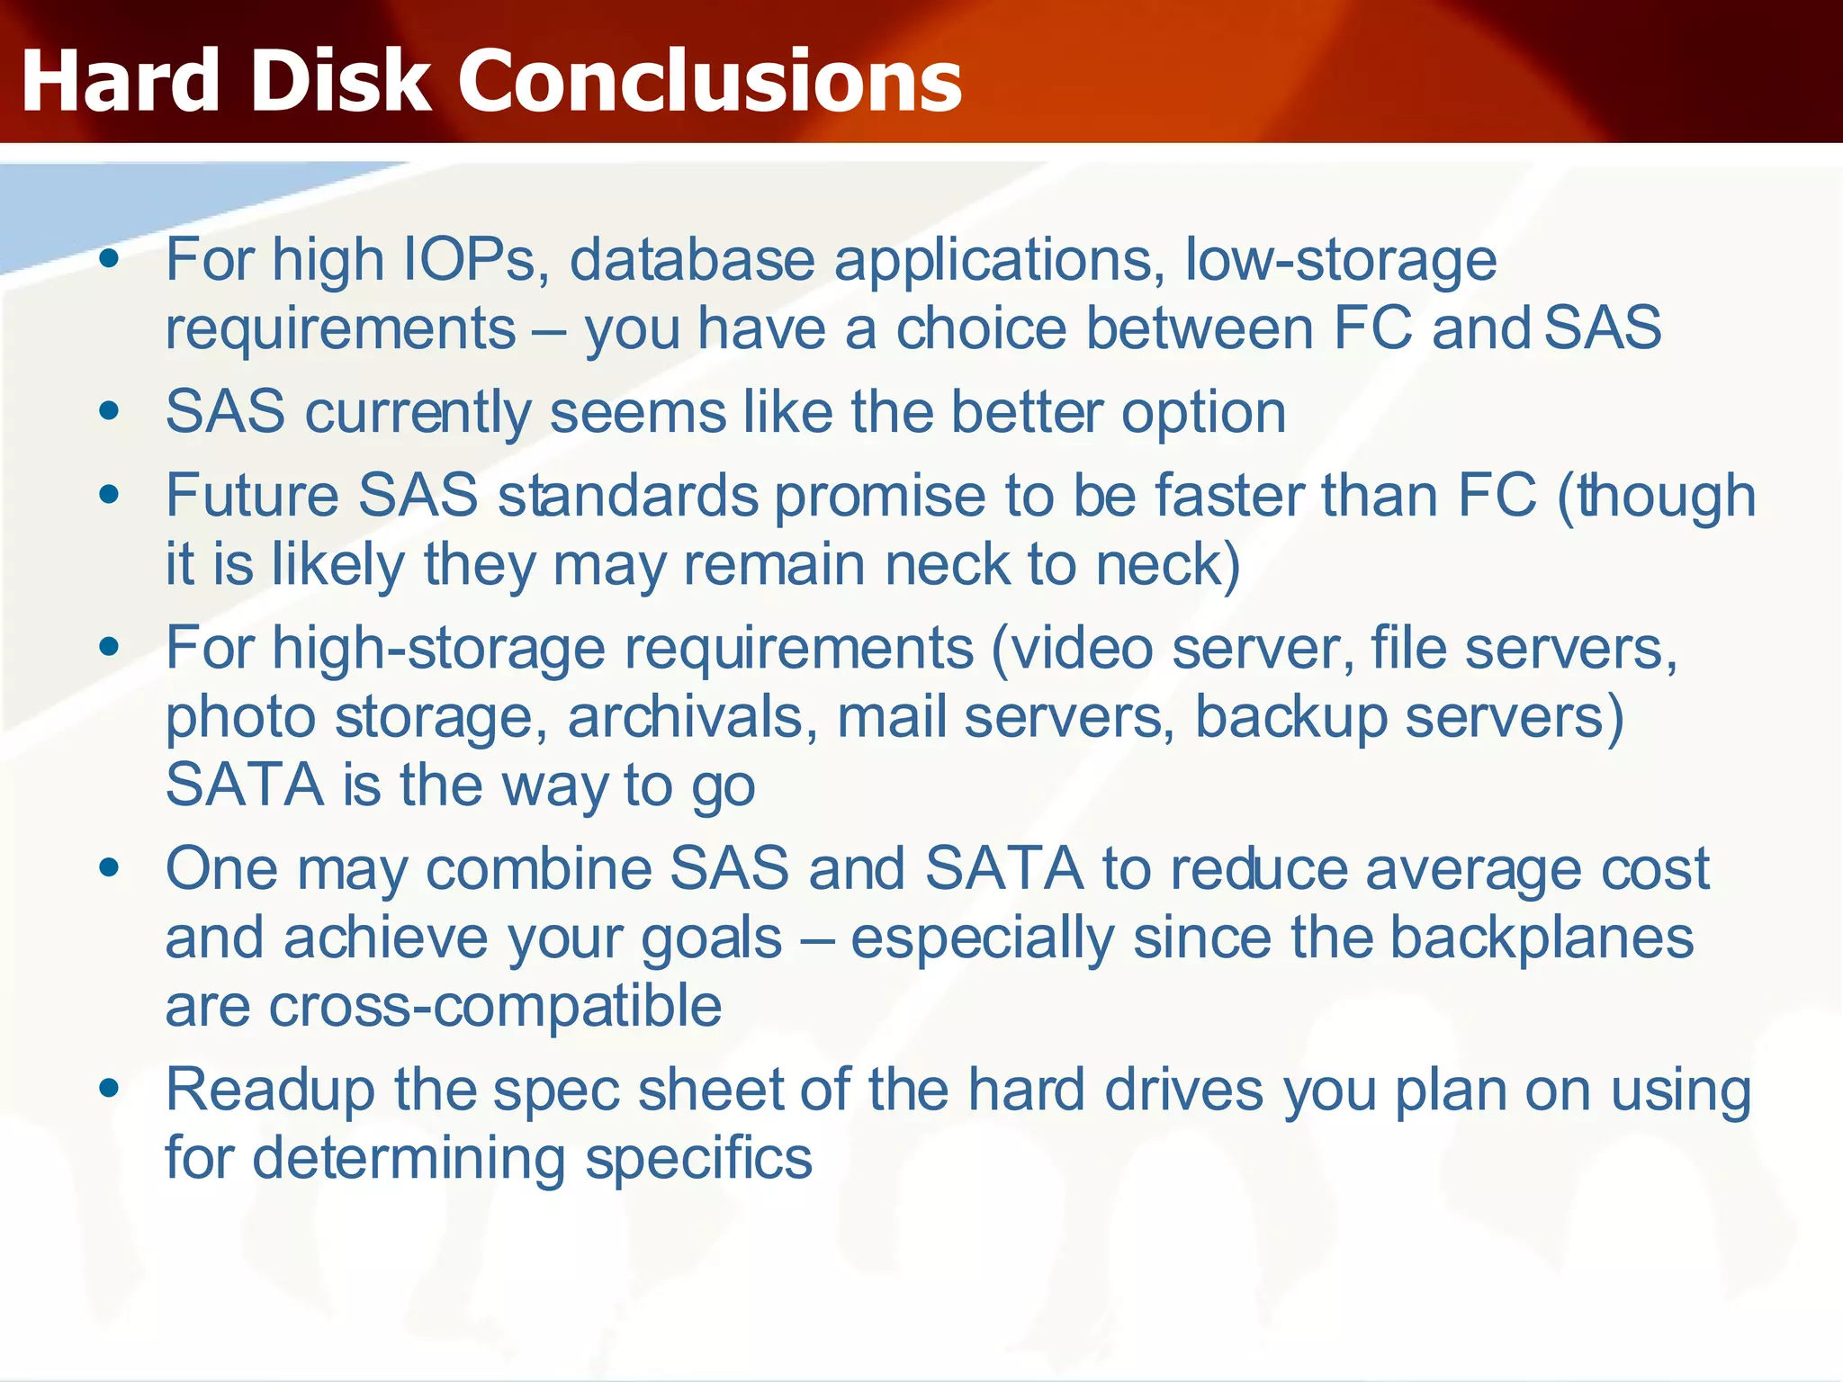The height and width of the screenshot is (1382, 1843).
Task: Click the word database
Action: coord(692,260)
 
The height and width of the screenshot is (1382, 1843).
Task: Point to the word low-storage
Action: coord(1341,260)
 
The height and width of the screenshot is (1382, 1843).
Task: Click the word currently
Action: coord(418,413)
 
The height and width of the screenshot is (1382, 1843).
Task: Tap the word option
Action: coord(1203,413)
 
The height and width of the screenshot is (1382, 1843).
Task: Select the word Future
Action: coord(252,496)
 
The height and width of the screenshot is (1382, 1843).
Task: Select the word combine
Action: coord(539,869)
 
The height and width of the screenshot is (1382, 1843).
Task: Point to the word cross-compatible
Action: coord(495,1005)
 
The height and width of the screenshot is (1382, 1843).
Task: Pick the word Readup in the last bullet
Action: coord(270,1090)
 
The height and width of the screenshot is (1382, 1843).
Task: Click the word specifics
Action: coord(698,1158)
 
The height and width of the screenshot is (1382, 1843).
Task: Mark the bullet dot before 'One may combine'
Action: coord(110,867)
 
